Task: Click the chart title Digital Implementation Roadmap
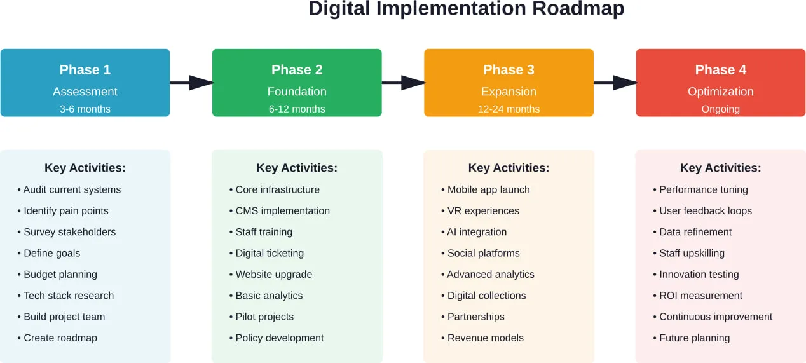466,10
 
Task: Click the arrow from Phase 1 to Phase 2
191,83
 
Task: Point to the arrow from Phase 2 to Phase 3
403,83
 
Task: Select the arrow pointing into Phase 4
615,83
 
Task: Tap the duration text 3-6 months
85,109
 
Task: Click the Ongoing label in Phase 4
720,109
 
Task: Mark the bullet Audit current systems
72,189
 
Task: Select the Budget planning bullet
60,275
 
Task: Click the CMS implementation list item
282,211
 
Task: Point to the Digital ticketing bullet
270,253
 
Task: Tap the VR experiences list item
483,211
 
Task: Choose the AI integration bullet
477,232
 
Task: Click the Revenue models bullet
485,338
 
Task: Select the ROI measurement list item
700,296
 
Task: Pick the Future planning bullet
694,338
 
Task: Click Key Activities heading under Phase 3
509,168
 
